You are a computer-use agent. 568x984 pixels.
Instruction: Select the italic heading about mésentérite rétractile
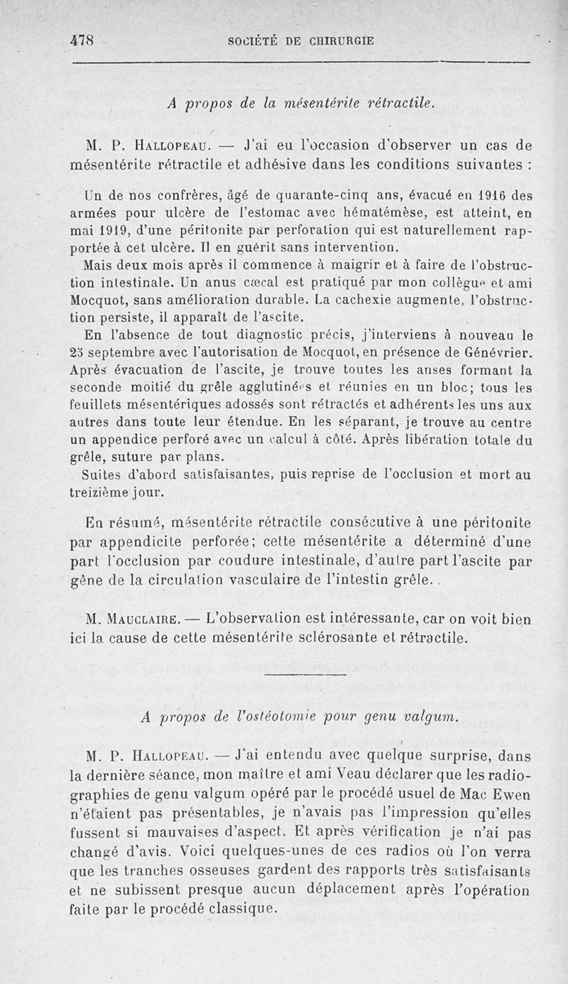300,102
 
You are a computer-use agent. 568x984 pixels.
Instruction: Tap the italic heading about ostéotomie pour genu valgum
300,717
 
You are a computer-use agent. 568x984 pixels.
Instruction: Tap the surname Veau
281,774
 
